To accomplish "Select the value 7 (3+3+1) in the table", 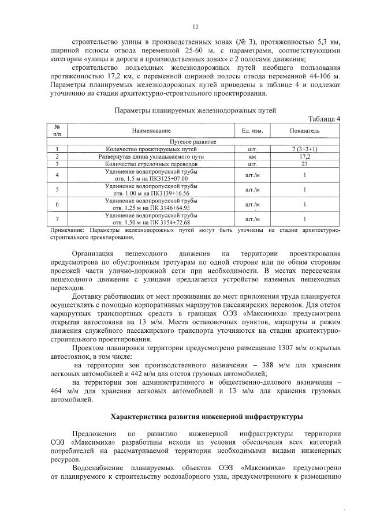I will click(x=305, y=149).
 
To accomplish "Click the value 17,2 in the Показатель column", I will click(x=305, y=156).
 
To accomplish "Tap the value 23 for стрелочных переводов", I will click(x=305, y=164).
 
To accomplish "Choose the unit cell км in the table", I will click(x=252, y=156).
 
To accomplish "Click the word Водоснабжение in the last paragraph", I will click(x=98, y=468).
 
